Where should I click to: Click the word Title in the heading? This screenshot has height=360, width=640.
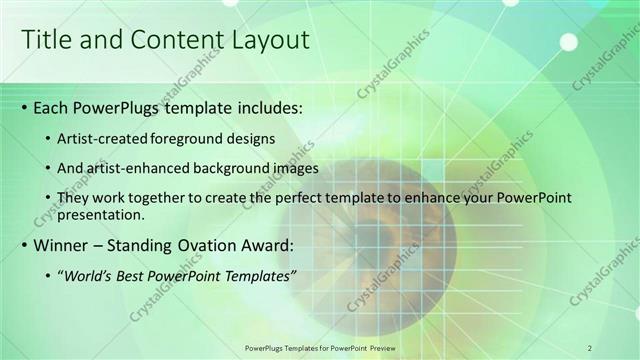(x=47, y=40)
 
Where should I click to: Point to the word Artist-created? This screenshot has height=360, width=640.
(x=105, y=136)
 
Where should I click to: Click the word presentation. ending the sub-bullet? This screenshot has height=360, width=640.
(x=102, y=214)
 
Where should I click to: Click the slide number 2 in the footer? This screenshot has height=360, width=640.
(x=590, y=347)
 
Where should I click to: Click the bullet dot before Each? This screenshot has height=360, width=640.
(x=24, y=106)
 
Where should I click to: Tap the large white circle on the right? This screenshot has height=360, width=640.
(x=568, y=41)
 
